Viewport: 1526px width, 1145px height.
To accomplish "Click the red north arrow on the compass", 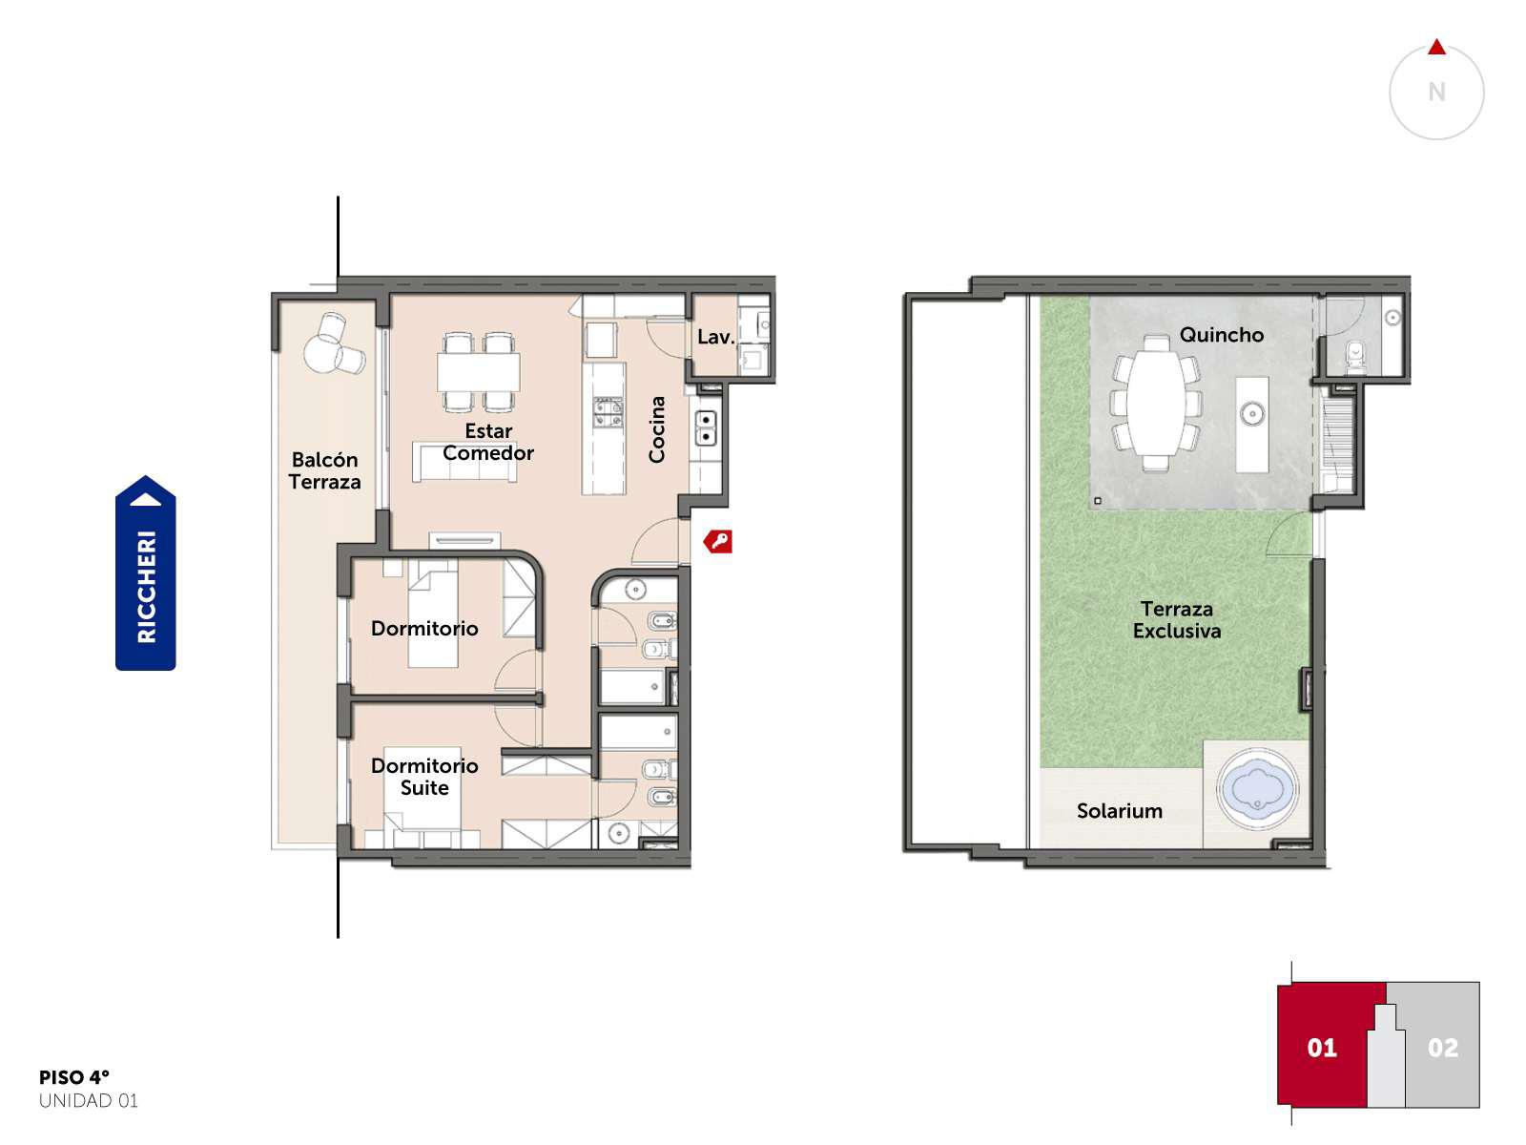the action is tap(1436, 48).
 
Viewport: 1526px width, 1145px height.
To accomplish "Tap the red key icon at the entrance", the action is tap(717, 541).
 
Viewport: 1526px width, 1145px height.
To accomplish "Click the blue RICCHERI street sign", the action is tap(145, 572).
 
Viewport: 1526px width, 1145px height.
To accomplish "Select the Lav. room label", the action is tap(715, 337).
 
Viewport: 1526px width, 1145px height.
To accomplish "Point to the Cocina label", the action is tap(656, 429).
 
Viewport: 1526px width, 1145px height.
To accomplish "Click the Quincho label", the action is tap(1221, 335).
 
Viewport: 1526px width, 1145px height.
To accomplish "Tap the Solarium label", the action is tap(1120, 811).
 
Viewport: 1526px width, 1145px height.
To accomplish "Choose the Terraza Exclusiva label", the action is tap(1177, 619).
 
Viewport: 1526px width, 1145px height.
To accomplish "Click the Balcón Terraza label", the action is tap(324, 470).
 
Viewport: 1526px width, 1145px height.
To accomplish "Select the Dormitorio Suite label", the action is tap(424, 777).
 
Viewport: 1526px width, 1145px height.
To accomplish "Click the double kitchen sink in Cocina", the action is tap(706, 427).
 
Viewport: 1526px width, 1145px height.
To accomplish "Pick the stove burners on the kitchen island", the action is tap(607, 412).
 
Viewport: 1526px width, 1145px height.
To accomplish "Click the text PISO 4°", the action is tap(74, 1077).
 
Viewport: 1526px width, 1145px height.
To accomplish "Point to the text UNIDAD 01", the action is tap(89, 1100).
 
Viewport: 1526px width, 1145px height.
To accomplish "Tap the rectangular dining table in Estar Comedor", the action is tap(479, 372).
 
